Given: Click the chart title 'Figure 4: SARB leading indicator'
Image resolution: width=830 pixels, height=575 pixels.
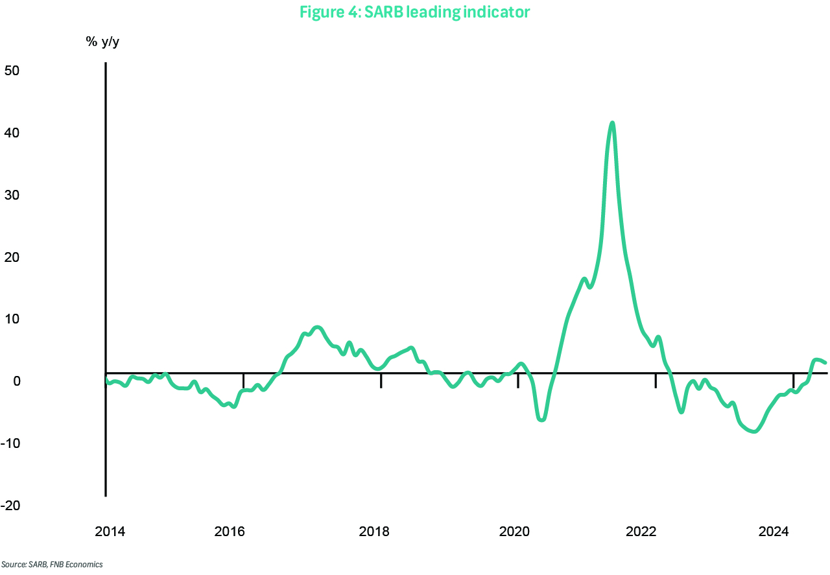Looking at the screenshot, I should tap(414, 12).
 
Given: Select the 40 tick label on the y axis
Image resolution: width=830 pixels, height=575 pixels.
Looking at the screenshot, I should tap(13, 132).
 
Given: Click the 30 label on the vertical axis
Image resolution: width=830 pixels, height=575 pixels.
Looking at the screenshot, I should tap(13, 194).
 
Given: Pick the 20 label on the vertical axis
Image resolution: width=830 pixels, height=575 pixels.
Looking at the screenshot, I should tap(13, 257).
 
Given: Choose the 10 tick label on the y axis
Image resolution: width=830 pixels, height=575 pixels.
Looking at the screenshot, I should tap(13, 319).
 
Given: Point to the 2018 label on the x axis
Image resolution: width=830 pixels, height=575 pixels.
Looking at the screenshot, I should tap(374, 533).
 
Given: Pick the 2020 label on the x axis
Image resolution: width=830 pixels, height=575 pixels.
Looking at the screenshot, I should tap(515, 533).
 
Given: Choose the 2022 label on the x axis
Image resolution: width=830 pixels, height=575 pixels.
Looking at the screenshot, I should tap(641, 533).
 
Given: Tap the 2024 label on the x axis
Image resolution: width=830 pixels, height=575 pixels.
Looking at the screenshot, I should tap(773, 533).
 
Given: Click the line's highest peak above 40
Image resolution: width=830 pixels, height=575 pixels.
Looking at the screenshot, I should tap(612, 123).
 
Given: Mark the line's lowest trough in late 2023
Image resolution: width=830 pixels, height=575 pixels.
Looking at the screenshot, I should tap(754, 431).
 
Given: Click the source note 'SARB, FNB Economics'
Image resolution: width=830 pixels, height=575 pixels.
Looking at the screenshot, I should tap(52, 565).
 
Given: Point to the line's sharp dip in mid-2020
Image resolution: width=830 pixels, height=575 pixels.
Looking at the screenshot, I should tap(541, 419).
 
